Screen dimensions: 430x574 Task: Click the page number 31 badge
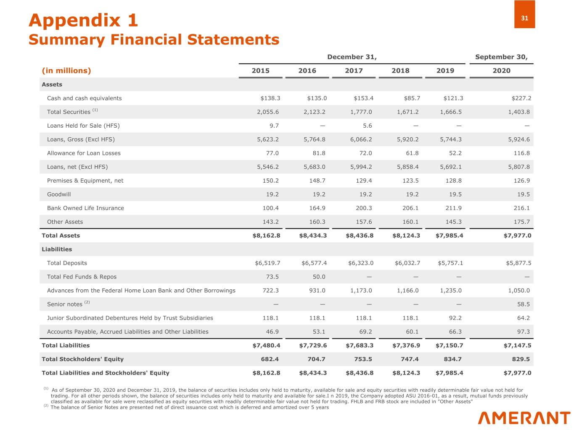pyautogui.click(x=524, y=18)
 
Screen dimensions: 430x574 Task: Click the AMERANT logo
pyautogui.click(x=524, y=418)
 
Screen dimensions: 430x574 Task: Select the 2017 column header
pyautogui.click(x=354, y=71)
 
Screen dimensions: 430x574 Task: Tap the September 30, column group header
pyautogui.click(x=501, y=57)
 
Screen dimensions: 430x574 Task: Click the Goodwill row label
pyautogui.click(x=59, y=194)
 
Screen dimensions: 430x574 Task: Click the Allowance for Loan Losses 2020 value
pyautogui.click(x=521, y=153)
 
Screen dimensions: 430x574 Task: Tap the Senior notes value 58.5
pyautogui.click(x=524, y=304)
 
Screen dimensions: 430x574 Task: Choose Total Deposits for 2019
pyautogui.click(x=450, y=263)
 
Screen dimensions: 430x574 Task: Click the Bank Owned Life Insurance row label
pyautogui.click(x=85, y=208)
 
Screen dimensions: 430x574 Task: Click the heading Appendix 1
pyautogui.click(x=83, y=20)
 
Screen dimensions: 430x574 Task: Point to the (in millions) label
pyautogui.click(x=66, y=71)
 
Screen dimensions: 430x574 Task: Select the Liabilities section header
pyautogui.click(x=57, y=249)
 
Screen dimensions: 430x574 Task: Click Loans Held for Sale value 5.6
pyautogui.click(x=367, y=126)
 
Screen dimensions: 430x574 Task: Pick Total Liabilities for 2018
pyautogui.click(x=406, y=346)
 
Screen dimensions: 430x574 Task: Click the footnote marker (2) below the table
pyautogui.click(x=46, y=406)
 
